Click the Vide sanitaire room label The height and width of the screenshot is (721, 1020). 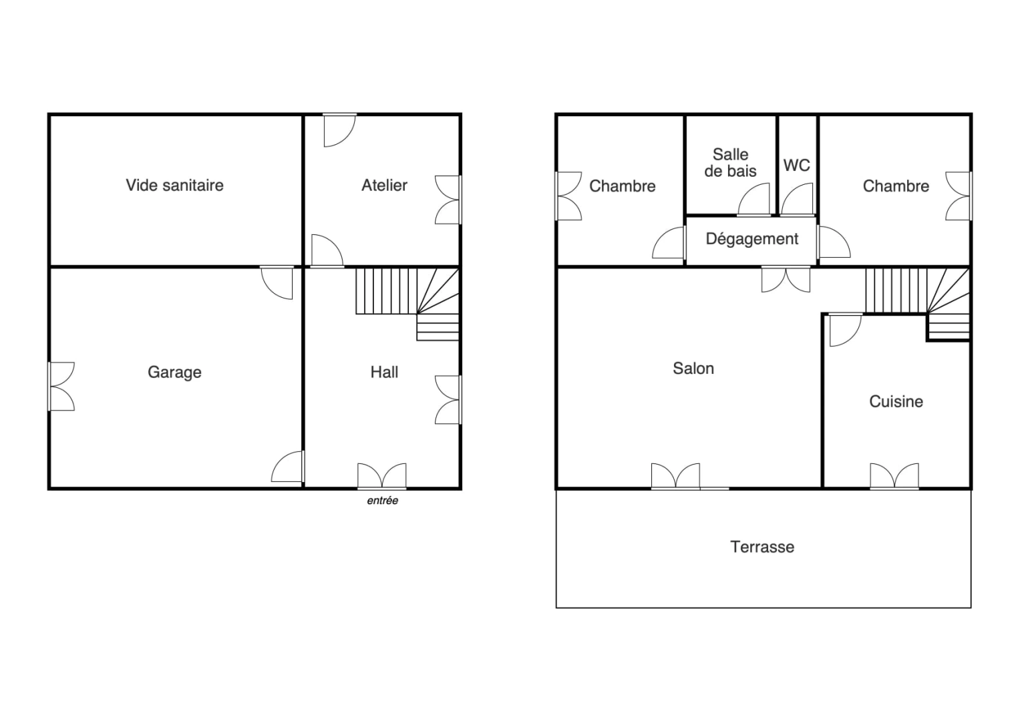coord(174,185)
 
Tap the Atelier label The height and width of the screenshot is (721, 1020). coord(384,185)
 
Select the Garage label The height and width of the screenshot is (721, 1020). coord(174,372)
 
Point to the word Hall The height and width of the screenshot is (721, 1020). coord(384,372)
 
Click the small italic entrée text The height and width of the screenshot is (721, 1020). coord(382,501)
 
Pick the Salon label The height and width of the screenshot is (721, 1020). coord(693,369)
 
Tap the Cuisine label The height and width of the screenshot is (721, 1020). coord(896,401)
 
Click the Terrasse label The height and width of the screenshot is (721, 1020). coord(762,547)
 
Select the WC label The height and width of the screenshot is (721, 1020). coord(796,165)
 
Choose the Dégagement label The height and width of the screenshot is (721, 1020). coord(751,239)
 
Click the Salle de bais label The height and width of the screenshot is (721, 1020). coord(730,163)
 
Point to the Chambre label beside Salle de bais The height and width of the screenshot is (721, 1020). coord(622,186)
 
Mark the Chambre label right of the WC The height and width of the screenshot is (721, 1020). coord(896,186)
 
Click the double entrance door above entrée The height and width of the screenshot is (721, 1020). coord(381,477)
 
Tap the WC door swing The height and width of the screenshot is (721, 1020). coord(797,200)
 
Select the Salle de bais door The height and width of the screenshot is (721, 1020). coord(755,200)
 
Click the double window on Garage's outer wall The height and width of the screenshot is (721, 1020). coord(61,386)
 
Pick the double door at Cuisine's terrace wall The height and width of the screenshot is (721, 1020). coord(894,477)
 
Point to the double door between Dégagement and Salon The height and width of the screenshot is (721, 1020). coord(786,279)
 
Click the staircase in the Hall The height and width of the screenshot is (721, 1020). coord(407,300)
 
